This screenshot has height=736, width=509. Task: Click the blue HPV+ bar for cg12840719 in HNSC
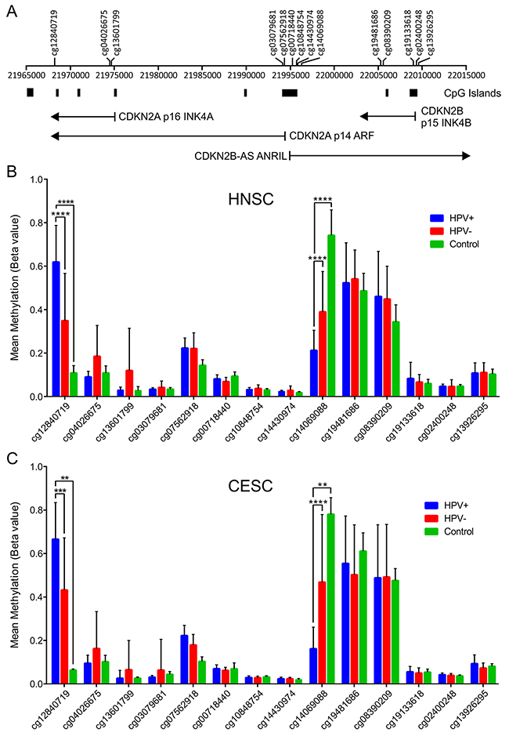(x=56, y=329)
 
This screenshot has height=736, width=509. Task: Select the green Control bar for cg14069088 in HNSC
(x=331, y=316)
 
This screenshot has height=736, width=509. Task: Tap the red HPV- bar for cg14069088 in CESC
(x=323, y=633)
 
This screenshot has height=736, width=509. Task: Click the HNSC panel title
(x=251, y=199)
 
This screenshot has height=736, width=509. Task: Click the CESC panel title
(x=251, y=486)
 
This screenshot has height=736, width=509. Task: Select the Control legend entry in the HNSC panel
(x=455, y=244)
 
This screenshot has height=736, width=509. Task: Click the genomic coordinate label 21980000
(x=158, y=75)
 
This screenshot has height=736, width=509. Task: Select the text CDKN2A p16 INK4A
(x=166, y=117)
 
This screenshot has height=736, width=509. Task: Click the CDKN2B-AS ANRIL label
(x=240, y=156)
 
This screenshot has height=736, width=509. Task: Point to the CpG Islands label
(x=472, y=93)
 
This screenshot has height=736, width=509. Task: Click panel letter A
(x=11, y=11)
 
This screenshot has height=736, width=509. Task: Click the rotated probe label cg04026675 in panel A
(x=105, y=33)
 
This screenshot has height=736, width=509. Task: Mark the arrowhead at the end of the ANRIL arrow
(x=466, y=156)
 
